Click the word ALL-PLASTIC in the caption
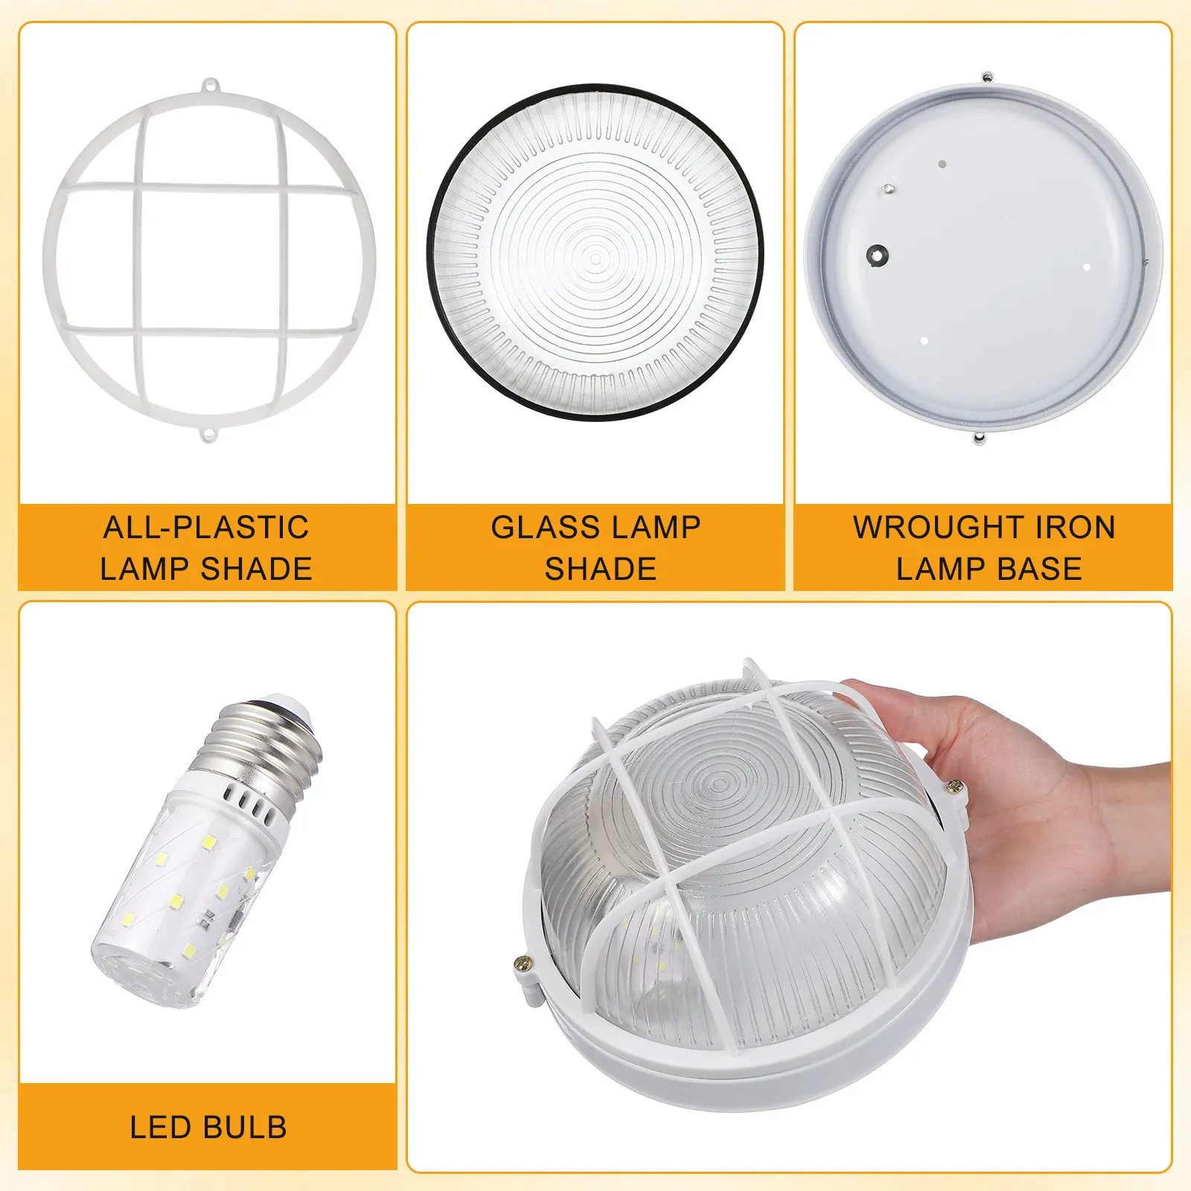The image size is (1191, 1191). pos(206,528)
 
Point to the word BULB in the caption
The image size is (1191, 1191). pos(247,1128)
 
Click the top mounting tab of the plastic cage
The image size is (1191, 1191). pos(210,86)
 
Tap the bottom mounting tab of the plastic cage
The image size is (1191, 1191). pos(210,431)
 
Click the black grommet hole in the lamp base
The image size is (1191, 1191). pos(878,255)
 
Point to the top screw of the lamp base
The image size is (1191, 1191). pos(987,76)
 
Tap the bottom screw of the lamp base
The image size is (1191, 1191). pos(980,438)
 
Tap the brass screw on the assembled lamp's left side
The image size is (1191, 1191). pos(523,965)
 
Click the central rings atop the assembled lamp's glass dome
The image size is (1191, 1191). pos(718,782)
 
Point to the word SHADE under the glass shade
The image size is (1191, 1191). pos(601,569)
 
